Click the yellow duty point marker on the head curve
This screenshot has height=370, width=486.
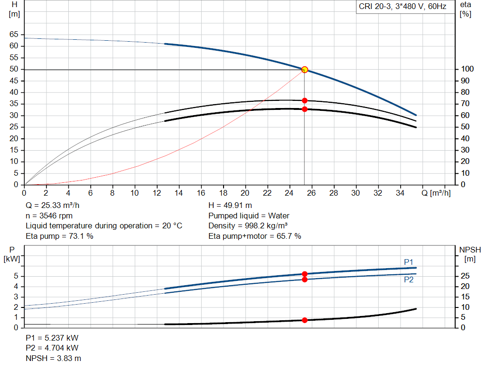[x=305, y=70]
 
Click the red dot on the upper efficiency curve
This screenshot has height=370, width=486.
[x=305, y=100]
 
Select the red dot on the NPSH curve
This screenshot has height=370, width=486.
[x=305, y=320]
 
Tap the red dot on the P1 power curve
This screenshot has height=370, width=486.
[x=305, y=274]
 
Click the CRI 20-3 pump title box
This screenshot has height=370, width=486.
[x=402, y=7]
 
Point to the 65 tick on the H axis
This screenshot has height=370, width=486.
[x=13, y=35]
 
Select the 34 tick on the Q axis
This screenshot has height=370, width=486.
[x=400, y=193]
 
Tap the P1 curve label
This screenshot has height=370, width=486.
[x=409, y=262]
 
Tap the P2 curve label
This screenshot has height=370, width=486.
[x=409, y=280]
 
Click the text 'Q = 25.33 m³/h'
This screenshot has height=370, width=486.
[x=53, y=206]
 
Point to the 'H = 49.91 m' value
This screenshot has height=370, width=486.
[x=230, y=206]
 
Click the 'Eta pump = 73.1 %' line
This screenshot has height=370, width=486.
[x=59, y=236]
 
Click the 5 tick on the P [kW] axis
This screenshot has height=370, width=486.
[x=16, y=276]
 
